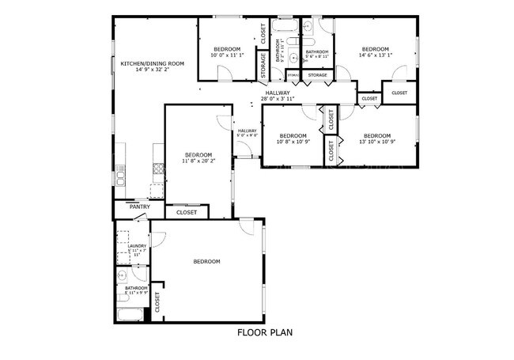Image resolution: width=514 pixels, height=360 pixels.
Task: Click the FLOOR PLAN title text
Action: (265, 332)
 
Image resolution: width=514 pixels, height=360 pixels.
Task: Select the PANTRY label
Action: (140, 207)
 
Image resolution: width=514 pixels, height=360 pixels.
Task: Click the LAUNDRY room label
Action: (137, 246)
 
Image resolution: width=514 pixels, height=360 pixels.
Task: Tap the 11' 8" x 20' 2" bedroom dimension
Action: (198, 161)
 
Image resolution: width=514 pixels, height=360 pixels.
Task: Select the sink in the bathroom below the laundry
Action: (123, 276)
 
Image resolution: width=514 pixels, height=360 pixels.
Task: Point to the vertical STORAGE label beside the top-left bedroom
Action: (263, 67)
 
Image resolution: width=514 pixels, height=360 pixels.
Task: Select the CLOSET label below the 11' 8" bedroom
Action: (187, 212)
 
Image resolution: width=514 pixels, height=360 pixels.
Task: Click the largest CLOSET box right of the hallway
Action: (399, 93)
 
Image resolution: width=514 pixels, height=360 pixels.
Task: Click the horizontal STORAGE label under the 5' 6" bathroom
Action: (317, 75)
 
